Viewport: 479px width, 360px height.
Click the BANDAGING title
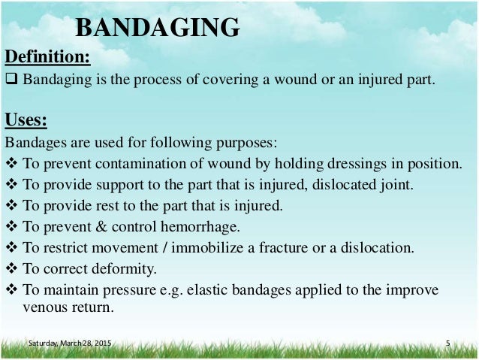pyautogui.click(x=158, y=28)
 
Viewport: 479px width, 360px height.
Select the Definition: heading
pyautogui.click(x=48, y=57)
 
